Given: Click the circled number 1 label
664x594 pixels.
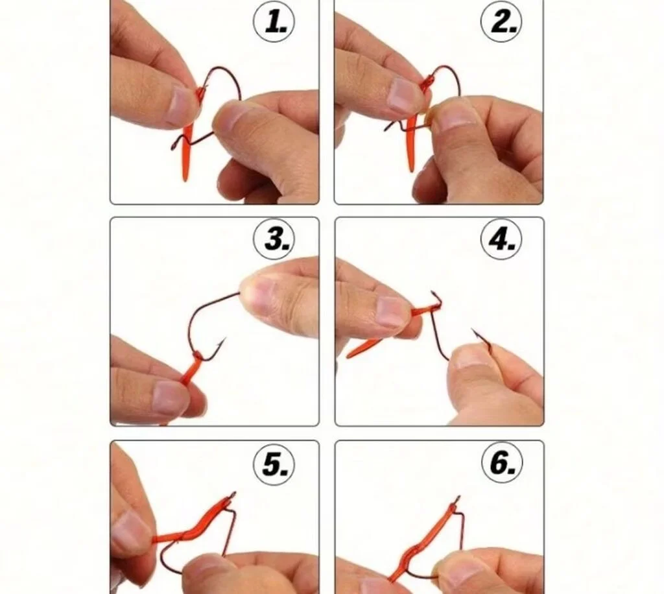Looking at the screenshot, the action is coord(274,21).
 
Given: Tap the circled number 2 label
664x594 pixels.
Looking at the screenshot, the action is coord(501,21).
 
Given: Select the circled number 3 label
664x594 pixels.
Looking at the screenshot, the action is coord(274,240).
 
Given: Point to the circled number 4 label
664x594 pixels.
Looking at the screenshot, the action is coord(501,240).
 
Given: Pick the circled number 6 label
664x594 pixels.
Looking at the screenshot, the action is coord(502,462).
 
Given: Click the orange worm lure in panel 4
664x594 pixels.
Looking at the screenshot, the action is coord(383,335).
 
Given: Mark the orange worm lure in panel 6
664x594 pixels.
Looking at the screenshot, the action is coord(423,542).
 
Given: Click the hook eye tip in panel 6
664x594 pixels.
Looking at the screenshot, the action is coord(458,498).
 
